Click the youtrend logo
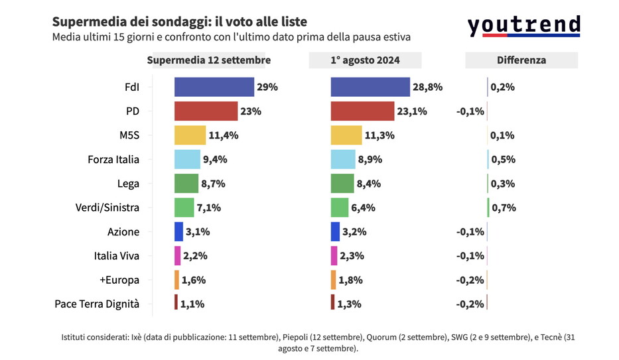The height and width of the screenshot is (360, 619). coord(523,26)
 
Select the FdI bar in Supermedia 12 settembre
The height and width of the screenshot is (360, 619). coord(214,87)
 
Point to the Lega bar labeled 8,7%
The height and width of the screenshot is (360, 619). coord(186,184)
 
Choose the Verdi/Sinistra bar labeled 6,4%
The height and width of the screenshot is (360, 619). coord(340,208)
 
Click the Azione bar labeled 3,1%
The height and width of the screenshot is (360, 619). coord(178,231)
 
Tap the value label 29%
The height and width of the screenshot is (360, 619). coord(267,87)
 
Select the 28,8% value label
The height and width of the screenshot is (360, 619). coord(428,87)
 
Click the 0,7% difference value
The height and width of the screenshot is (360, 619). coord(503,208)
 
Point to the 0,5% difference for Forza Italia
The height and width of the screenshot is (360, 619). coord(503,159)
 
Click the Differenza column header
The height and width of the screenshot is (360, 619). coord(521,60)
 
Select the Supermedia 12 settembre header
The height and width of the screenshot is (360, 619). coord(208,60)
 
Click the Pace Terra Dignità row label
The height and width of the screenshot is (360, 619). coord(97,304)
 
